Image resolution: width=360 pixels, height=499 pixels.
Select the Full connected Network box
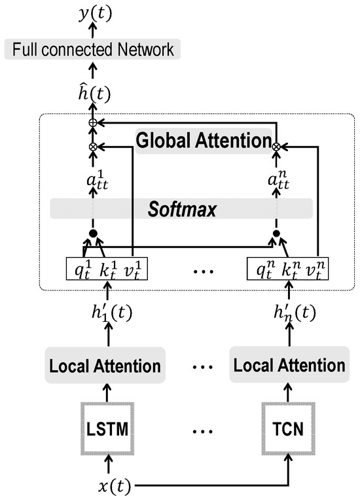[92, 50]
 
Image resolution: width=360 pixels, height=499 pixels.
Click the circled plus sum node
[92, 123]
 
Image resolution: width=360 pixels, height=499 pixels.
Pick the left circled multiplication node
[92, 146]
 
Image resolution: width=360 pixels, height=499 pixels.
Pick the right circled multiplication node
[276, 146]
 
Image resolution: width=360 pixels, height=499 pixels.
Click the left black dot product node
[92, 233]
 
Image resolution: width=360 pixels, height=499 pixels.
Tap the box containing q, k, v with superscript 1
[107, 268]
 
